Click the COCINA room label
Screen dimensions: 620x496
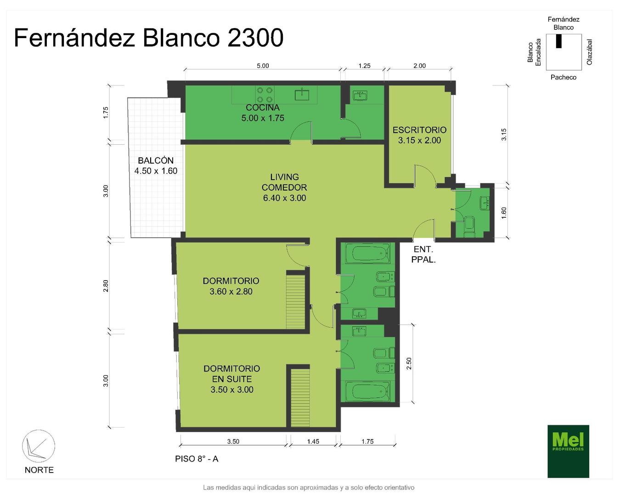click(262, 107)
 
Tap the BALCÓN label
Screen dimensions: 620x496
click(156, 161)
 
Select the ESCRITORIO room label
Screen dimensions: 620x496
click(419, 130)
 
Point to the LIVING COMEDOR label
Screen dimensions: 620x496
click(284, 182)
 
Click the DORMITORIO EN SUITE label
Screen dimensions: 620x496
click(231, 373)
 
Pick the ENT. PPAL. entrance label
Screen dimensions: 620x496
click(423, 254)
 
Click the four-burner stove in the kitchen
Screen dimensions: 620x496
click(265, 95)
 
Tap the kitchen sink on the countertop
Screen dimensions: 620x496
click(302, 94)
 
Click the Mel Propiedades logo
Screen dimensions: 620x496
click(568, 451)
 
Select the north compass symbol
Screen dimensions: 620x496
click(39, 446)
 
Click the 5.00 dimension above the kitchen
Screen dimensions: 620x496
click(263, 66)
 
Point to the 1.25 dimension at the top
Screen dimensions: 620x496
click(364, 66)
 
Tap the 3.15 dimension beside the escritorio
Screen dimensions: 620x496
click(504, 134)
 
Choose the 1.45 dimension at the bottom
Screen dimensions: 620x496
click(313, 441)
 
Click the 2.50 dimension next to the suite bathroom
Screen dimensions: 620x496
click(409, 364)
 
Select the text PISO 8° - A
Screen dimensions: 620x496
click(197, 459)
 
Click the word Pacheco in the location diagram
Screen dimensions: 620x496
click(563, 77)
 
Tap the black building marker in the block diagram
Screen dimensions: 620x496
click(558, 41)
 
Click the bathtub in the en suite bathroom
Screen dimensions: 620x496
click(368, 391)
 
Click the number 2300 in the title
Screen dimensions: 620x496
click(255, 38)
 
